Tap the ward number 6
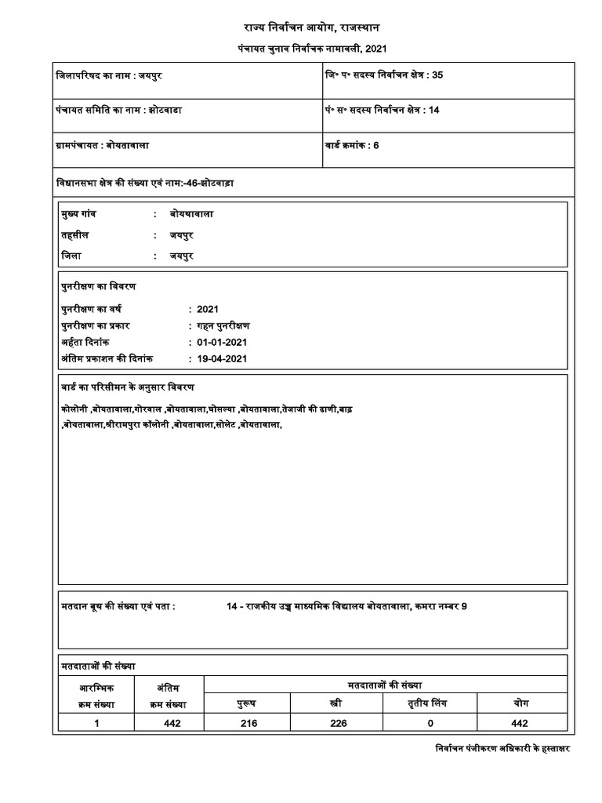376,146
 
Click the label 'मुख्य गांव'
79,213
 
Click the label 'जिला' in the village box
71,256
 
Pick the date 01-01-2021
223,343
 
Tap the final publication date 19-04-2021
223,358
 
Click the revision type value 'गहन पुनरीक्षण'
224,326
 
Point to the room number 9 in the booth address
464,607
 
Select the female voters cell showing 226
339,723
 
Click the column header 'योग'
520,703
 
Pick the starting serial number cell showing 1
96,723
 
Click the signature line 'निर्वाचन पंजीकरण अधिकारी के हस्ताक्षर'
502,749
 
